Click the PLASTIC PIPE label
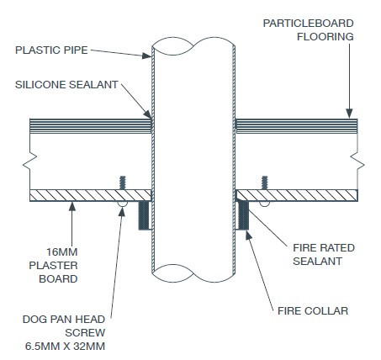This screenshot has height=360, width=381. (x=51, y=50)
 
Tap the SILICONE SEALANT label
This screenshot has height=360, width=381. (x=66, y=85)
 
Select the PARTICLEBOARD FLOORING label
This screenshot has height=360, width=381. (x=309, y=29)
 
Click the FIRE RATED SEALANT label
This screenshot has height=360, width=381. (x=324, y=254)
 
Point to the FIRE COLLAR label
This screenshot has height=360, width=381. (x=313, y=311)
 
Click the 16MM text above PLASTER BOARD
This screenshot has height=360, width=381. (x=62, y=251)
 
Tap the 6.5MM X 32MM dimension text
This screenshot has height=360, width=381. (x=65, y=347)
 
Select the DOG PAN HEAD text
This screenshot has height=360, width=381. (x=64, y=320)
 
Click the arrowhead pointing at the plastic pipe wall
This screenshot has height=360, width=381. (x=146, y=56)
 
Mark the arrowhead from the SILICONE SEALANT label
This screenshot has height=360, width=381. (x=148, y=114)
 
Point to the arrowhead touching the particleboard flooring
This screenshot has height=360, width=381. (x=349, y=114)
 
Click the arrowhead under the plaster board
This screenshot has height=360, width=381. (x=72, y=207)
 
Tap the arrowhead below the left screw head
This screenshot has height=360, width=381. (x=122, y=212)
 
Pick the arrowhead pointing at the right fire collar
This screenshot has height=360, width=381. (x=249, y=236)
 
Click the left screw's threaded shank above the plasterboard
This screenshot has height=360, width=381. (x=122, y=183)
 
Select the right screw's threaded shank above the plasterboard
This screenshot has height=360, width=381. (x=264, y=183)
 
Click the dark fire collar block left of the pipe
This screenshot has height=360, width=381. (x=143, y=215)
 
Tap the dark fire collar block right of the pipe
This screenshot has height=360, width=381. (x=243, y=215)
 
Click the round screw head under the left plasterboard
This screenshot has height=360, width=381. (x=122, y=204)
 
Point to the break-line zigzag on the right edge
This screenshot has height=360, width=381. (x=358, y=162)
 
